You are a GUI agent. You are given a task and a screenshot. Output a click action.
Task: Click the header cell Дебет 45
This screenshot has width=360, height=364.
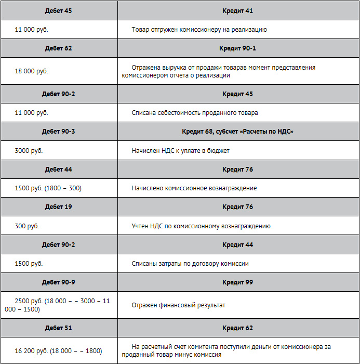(x=58, y=10)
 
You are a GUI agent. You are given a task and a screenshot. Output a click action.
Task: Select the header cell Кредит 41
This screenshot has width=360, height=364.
(x=237, y=10)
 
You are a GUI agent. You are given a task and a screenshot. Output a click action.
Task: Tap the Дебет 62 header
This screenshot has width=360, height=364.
(x=58, y=48)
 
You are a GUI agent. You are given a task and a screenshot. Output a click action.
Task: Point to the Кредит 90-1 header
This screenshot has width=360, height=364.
(x=237, y=48)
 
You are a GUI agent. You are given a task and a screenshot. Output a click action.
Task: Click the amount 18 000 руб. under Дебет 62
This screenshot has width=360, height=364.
(x=31, y=71)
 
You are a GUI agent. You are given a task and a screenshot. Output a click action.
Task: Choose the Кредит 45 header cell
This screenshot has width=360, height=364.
(x=237, y=94)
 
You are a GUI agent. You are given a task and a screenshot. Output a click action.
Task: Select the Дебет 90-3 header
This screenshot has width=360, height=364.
(x=58, y=132)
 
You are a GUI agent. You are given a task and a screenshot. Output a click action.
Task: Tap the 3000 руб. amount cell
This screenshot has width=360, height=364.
(x=29, y=150)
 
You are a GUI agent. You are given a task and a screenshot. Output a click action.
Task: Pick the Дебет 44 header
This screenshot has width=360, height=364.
(x=58, y=170)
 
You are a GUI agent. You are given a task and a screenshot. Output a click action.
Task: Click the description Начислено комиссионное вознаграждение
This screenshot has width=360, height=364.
(x=194, y=188)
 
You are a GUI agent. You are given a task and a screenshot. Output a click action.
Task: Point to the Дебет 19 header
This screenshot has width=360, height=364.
(x=58, y=207)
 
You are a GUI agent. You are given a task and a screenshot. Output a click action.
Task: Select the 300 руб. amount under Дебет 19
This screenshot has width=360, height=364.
(x=27, y=226)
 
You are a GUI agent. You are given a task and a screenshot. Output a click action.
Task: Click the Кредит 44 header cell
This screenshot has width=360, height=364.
(x=237, y=244)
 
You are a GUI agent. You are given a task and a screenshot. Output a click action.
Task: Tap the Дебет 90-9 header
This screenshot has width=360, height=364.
(x=58, y=282)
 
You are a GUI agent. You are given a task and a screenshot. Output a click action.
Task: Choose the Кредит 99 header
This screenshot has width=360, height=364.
(x=237, y=282)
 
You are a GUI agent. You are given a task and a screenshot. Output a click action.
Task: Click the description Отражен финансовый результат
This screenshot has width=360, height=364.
(x=178, y=305)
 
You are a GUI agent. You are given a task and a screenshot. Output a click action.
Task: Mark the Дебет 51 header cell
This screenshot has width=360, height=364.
(x=58, y=328)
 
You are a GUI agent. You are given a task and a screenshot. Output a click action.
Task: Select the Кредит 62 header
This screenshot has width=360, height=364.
(x=237, y=328)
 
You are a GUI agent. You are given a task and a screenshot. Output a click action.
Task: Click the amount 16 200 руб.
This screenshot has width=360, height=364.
(x=31, y=350)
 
